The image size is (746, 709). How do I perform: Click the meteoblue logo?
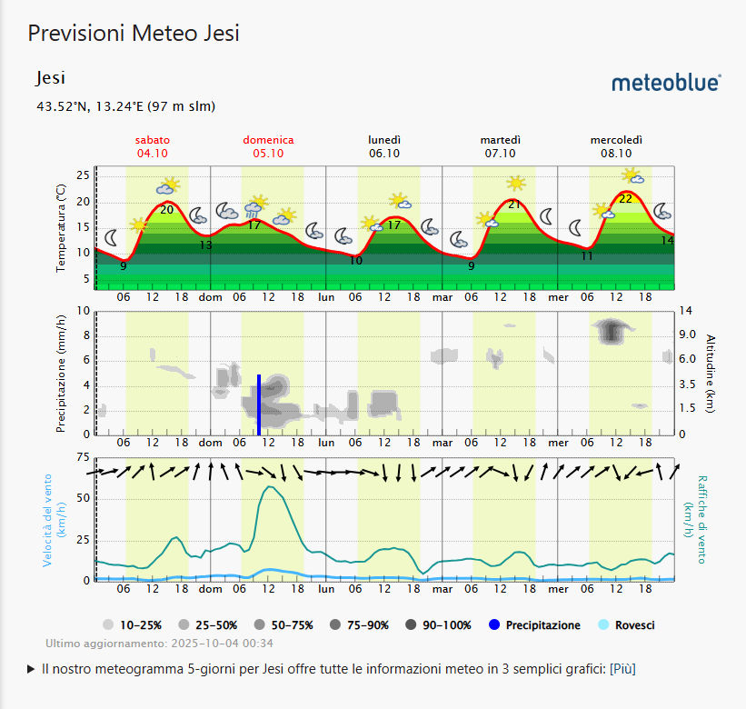click(666, 83)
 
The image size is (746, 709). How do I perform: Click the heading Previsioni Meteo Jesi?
click(134, 34)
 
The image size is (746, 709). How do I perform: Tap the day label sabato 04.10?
click(153, 146)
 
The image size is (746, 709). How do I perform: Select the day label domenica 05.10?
click(268, 146)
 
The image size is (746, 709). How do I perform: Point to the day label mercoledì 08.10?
click(616, 146)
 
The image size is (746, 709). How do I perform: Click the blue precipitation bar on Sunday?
click(259, 404)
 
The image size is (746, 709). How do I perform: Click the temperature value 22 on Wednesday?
click(625, 198)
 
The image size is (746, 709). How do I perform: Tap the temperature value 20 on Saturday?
click(166, 210)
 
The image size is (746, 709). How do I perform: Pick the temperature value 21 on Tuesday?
click(514, 205)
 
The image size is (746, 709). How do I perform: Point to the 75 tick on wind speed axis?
click(84, 457)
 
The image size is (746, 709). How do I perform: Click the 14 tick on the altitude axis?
click(686, 311)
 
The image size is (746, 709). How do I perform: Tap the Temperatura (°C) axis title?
click(61, 228)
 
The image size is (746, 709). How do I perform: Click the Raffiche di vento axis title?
click(702, 518)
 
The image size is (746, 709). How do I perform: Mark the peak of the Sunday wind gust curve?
click(270, 486)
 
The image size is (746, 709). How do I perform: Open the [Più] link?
click(622, 669)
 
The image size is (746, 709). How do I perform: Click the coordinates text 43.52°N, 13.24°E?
click(125, 106)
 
